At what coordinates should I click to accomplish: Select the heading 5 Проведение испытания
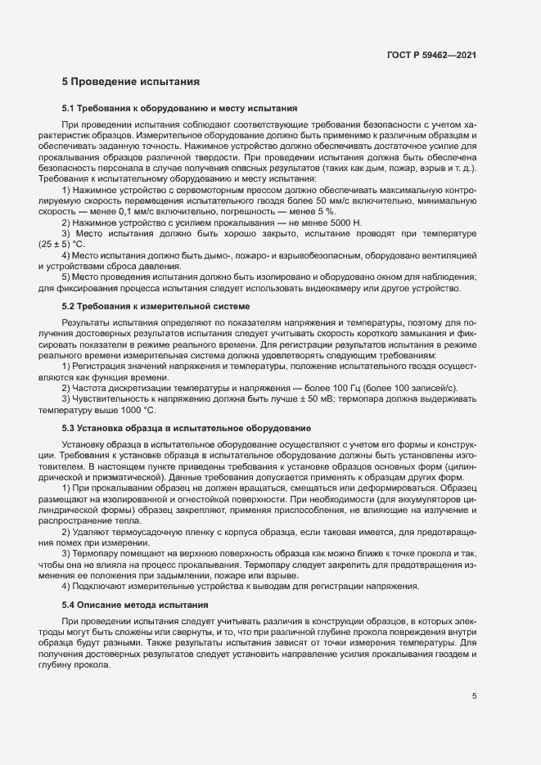tap(130, 82)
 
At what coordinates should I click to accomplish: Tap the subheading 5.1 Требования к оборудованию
tap(179, 108)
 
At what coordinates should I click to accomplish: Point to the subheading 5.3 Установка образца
tap(186, 429)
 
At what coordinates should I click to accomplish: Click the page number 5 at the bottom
tap(475, 696)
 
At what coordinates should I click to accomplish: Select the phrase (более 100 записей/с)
tap(408, 387)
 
